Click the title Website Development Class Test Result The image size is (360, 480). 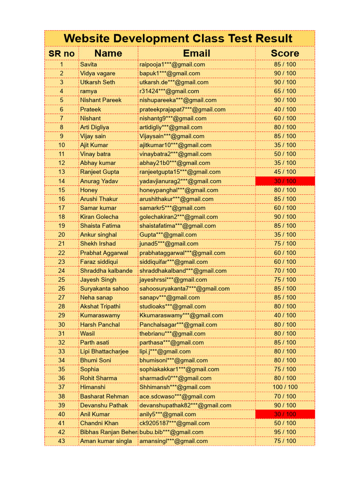[x=178, y=38]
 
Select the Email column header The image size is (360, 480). [x=196, y=53]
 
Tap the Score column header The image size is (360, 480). [x=285, y=53]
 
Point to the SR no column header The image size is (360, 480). [x=61, y=53]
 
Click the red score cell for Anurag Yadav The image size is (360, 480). [x=285, y=181]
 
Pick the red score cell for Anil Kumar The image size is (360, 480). [x=285, y=414]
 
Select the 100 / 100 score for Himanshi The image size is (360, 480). [x=285, y=387]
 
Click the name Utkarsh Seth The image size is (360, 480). [x=97, y=82]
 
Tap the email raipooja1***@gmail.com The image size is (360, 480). [x=172, y=64]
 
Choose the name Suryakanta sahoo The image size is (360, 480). [x=104, y=288]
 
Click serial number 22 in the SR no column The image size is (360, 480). [x=61, y=253]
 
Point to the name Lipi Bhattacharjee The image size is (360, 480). [x=104, y=351]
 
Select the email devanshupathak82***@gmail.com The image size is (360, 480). [x=185, y=405]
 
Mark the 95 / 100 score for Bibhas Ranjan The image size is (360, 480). [x=285, y=432]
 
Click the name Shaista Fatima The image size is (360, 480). [x=100, y=225]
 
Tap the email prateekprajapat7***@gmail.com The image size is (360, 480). [x=182, y=109]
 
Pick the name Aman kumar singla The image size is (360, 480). [x=106, y=441]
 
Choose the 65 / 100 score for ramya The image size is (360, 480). [x=285, y=91]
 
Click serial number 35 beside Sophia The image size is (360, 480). [x=61, y=369]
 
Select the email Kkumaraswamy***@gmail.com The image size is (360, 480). [x=181, y=315]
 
